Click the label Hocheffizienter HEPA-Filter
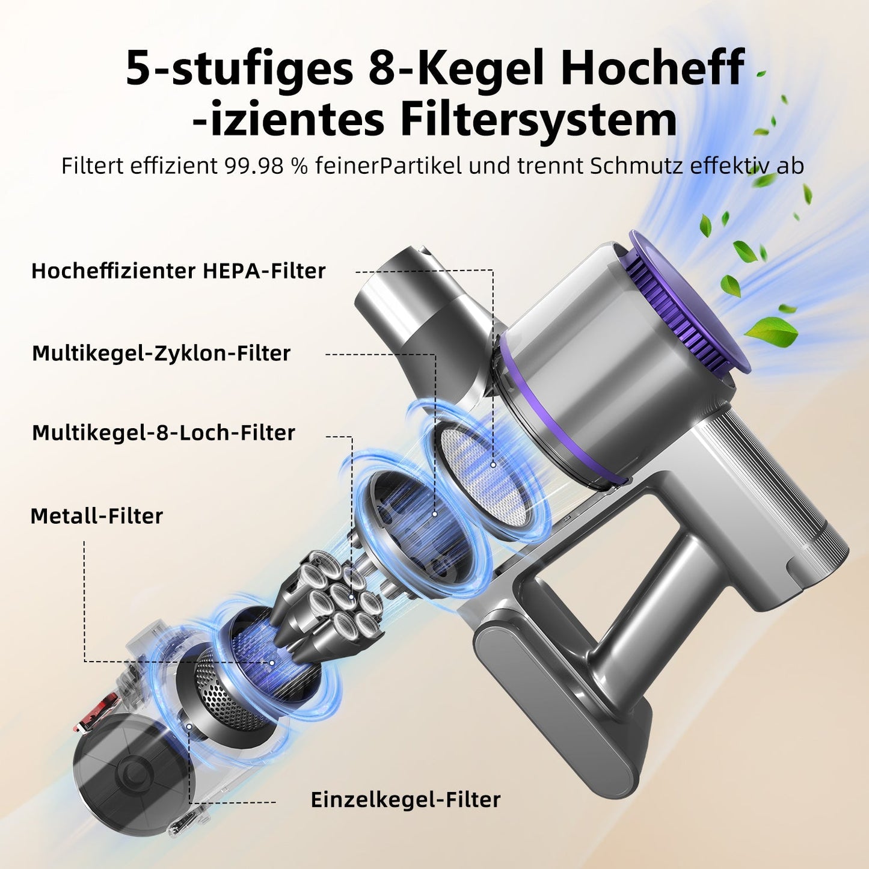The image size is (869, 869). [x=178, y=271]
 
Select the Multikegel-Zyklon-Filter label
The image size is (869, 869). [x=161, y=353]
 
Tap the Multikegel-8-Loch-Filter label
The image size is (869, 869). [x=164, y=432]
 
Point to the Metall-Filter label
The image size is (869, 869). [x=97, y=516]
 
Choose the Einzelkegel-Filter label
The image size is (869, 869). [x=405, y=799]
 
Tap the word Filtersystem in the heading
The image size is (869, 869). [x=539, y=120]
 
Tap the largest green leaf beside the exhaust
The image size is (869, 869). [x=773, y=331]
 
